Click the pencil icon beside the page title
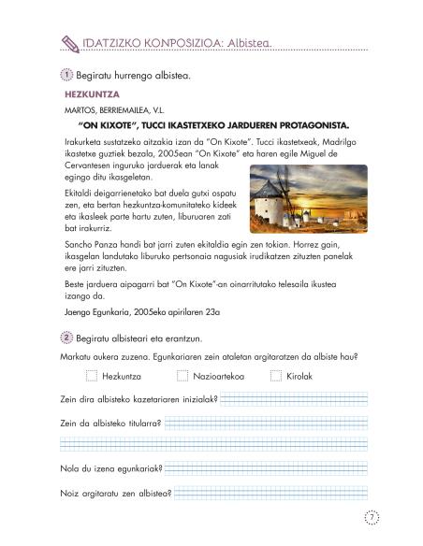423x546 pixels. (x=67, y=41)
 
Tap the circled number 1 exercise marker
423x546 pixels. (x=66, y=75)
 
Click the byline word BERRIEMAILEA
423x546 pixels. (x=131, y=109)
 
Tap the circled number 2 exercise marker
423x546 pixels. (x=66, y=337)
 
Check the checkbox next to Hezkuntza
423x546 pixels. (x=91, y=376)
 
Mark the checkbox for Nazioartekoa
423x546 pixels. (x=182, y=376)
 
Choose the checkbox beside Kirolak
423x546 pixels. (x=276, y=376)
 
